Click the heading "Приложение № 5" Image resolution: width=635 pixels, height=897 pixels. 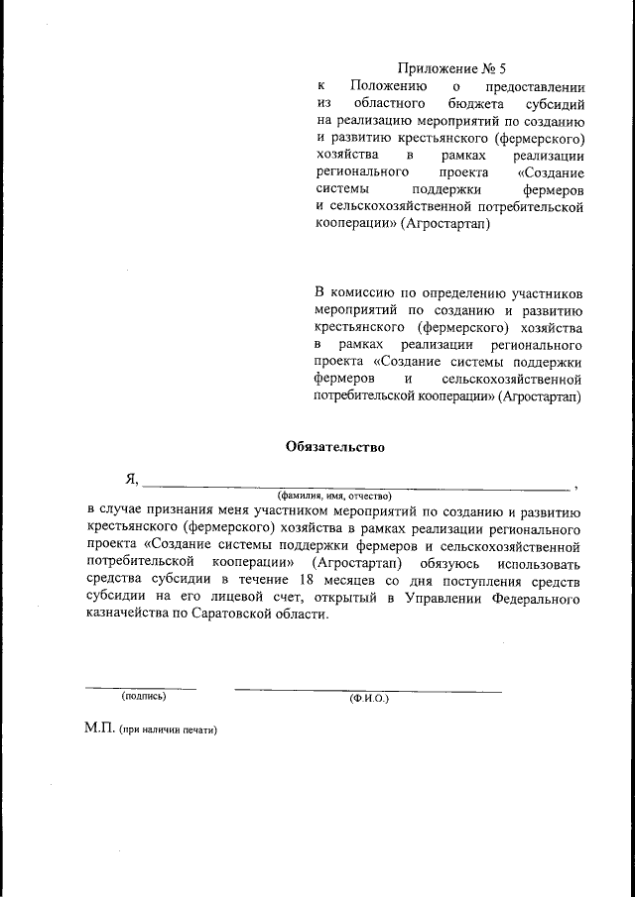click(450, 69)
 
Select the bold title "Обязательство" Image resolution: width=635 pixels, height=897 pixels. click(334, 446)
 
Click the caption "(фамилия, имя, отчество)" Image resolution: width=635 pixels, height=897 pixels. click(334, 495)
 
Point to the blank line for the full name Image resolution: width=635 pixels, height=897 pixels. click(356, 488)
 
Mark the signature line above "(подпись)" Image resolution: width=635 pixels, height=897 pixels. click(140, 687)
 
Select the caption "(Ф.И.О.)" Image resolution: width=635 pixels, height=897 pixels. click(369, 699)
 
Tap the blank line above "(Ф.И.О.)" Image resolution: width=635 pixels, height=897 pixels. click(367, 690)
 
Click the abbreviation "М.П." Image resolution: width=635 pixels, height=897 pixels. click(99, 729)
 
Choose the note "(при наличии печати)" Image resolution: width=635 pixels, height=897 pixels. click(167, 729)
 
